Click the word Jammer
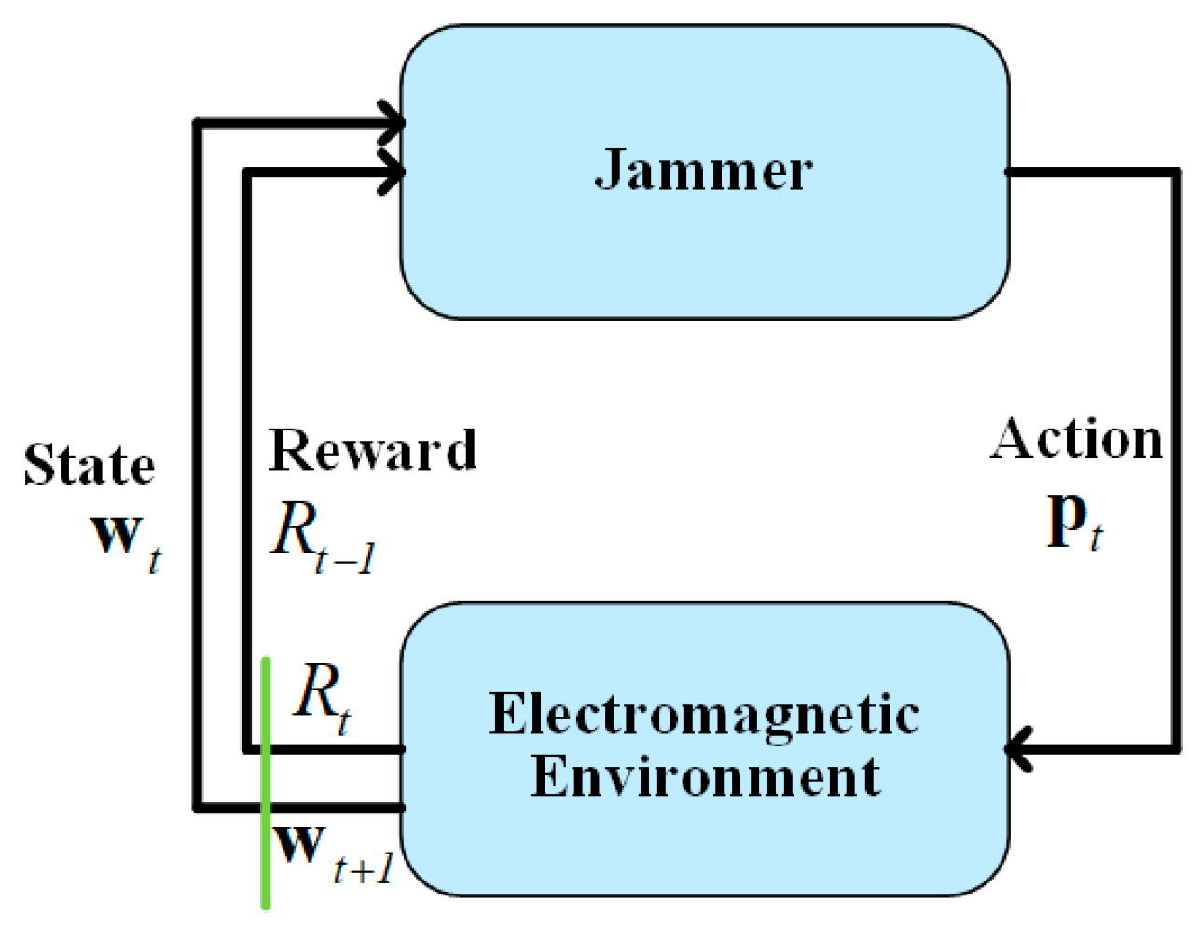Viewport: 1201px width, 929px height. coord(703,171)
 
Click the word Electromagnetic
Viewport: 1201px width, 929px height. coord(704,716)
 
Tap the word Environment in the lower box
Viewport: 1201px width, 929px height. coord(704,776)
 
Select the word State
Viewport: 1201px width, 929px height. coord(90,465)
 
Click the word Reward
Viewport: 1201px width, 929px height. coord(372,451)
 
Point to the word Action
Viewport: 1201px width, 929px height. coord(1077,439)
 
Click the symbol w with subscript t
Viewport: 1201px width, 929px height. coord(126,540)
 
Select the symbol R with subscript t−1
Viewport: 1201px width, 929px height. coord(322,538)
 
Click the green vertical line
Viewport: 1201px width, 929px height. coord(266,783)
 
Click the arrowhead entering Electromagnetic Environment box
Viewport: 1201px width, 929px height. coord(1018,748)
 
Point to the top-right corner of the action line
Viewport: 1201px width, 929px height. coord(1177,172)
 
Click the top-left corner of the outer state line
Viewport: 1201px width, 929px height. coord(197,122)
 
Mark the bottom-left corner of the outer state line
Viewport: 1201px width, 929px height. coord(197,807)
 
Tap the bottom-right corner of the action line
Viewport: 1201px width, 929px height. coord(1177,747)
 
